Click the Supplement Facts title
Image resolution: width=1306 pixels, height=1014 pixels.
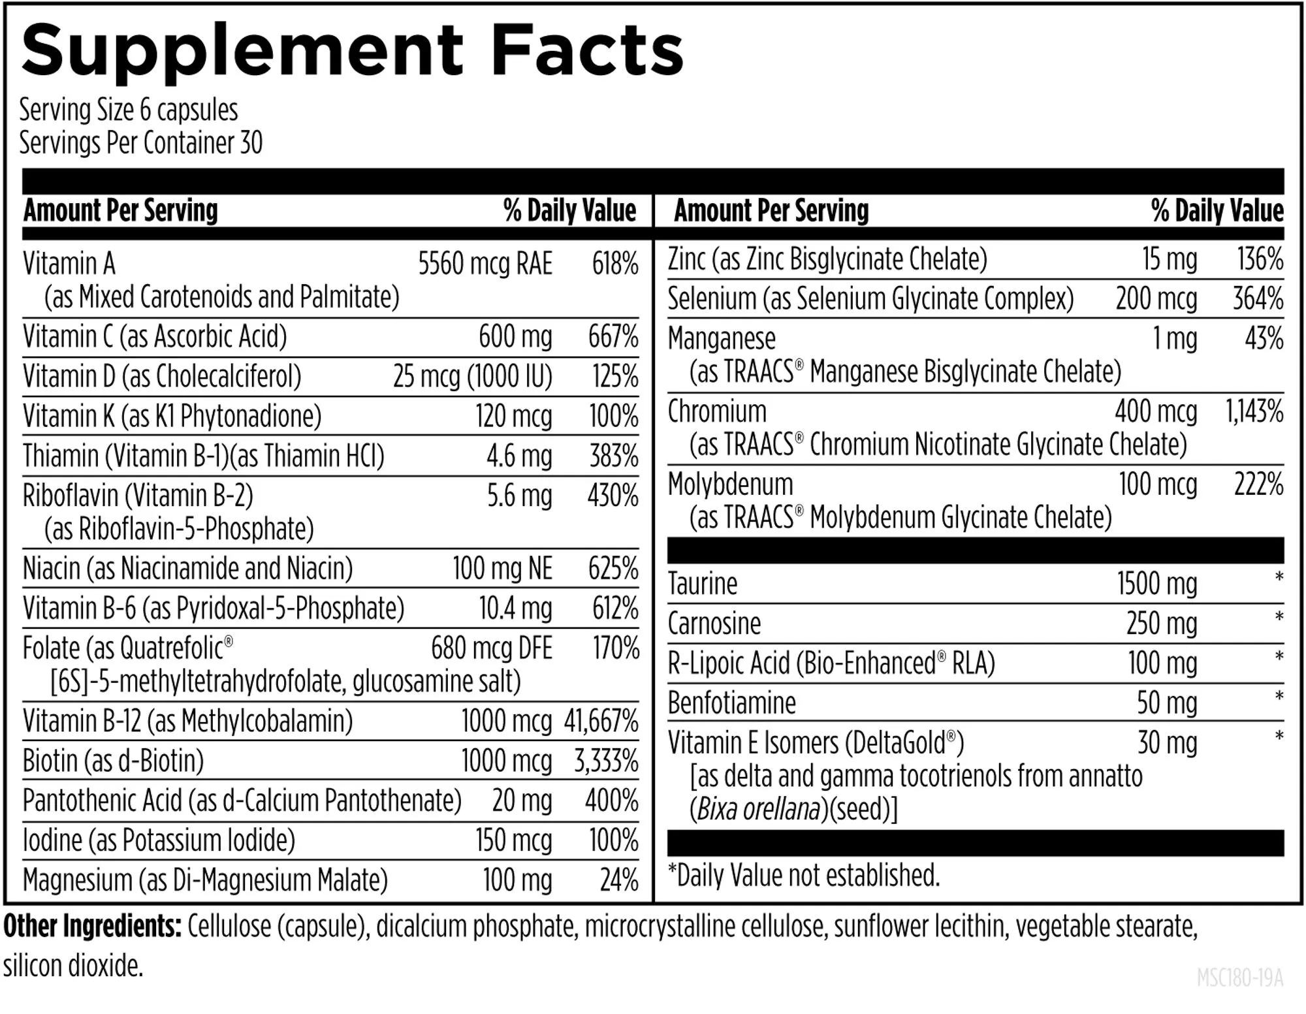(353, 51)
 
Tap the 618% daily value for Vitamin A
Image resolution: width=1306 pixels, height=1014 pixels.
(614, 264)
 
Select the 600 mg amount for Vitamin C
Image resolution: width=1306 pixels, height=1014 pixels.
(515, 337)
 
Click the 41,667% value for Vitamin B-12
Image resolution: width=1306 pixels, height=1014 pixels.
(601, 721)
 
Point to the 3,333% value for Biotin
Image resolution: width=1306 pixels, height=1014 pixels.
(605, 761)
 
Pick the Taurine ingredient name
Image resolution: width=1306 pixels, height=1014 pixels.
(702, 584)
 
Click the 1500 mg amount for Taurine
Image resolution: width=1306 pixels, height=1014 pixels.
(1156, 584)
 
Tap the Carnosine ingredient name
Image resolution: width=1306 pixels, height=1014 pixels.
(714, 624)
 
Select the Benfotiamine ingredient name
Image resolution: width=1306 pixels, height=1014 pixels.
(731, 703)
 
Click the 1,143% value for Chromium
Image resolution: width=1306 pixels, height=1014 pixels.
(1254, 411)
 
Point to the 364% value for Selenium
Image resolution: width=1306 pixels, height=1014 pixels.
(1258, 299)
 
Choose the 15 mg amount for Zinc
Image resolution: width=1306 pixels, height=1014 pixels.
(1169, 259)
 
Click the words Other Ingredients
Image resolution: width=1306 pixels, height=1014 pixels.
(92, 926)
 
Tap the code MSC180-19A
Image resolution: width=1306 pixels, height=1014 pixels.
(1239, 978)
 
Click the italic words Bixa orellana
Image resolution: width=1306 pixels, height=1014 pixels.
(758, 810)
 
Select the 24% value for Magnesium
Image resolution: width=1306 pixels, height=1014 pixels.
(618, 880)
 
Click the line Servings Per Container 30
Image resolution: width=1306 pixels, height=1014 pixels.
(140, 143)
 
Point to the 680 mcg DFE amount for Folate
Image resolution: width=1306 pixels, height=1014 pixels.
(491, 648)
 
